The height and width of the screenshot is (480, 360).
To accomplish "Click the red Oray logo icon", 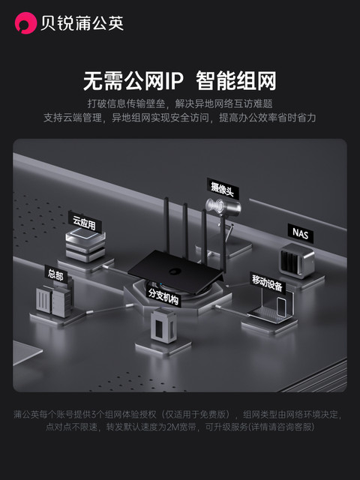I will (x=25, y=23).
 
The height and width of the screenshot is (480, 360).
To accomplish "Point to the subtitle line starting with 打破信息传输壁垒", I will (x=180, y=103).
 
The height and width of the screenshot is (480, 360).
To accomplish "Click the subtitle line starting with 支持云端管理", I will (x=180, y=118).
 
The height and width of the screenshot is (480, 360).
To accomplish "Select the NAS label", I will (x=299, y=233).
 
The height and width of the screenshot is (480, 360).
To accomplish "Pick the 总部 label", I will (x=55, y=275).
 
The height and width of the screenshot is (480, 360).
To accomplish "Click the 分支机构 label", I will (x=163, y=294).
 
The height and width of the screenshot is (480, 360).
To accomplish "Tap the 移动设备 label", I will (x=267, y=283).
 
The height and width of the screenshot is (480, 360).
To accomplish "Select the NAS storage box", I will (x=293, y=261).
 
